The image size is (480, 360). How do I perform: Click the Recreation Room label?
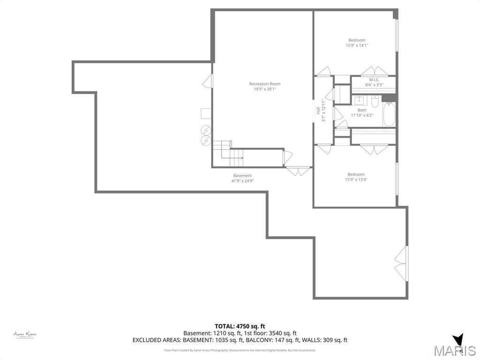264,84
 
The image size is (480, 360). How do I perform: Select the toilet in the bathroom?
375,101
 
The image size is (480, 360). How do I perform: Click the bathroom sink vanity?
360,100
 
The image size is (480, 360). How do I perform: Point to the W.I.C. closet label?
374,80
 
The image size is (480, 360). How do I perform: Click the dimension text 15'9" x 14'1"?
357,45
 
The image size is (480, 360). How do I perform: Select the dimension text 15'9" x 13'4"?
356,180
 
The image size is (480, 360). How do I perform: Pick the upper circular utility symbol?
206,130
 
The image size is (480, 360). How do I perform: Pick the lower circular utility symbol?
206,140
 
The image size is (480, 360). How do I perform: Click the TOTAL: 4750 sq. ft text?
240,326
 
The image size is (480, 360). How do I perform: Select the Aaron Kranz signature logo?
25,335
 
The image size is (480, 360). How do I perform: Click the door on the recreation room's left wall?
207,82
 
